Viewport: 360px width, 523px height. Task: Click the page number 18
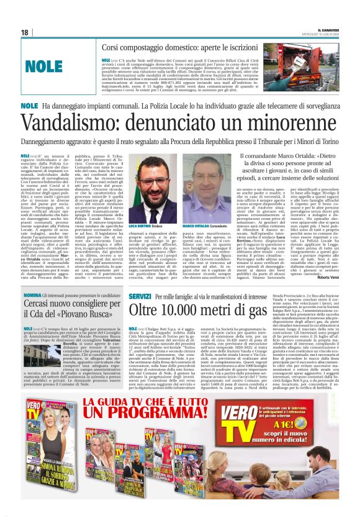point(25,32)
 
